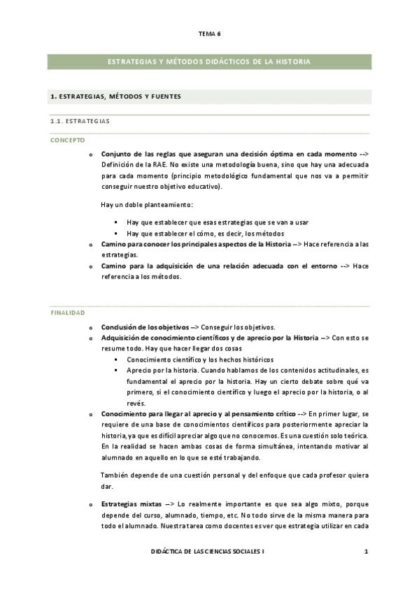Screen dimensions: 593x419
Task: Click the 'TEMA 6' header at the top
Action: pyautogui.click(x=209, y=33)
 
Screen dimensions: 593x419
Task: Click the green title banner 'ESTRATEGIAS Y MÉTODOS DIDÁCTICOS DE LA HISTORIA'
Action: pyautogui.click(x=209, y=62)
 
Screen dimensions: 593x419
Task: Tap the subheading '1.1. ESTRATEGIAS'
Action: pyautogui.click(x=80, y=121)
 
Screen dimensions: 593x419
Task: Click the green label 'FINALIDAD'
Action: pyautogui.click(x=67, y=313)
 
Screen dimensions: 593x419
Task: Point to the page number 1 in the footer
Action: pyautogui.click(x=366, y=552)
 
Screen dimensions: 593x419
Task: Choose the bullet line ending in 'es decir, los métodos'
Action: pyautogui.click(x=205, y=233)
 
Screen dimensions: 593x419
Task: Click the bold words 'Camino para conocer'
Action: pyautogui.click(x=134, y=244)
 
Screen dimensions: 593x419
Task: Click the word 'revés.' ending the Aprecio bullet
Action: pyautogui.click(x=137, y=403)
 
